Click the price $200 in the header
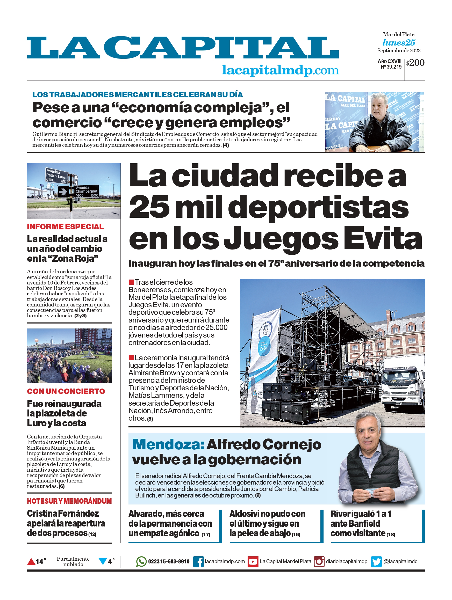tap(415, 63)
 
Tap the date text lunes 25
tap(399, 43)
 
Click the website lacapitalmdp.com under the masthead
tap(281, 70)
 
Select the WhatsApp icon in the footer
tap(141, 561)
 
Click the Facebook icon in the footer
tap(198, 561)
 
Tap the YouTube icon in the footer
tap(253, 561)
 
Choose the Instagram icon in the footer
tap(319, 561)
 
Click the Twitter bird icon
tap(376, 561)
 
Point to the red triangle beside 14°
tap(31, 561)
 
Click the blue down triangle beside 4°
tap(103, 561)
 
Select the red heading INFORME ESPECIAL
tap(65, 227)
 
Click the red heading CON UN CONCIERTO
tap(66, 391)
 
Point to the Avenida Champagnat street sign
tap(86, 191)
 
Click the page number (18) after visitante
tap(391, 535)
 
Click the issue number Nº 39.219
tap(391, 67)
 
